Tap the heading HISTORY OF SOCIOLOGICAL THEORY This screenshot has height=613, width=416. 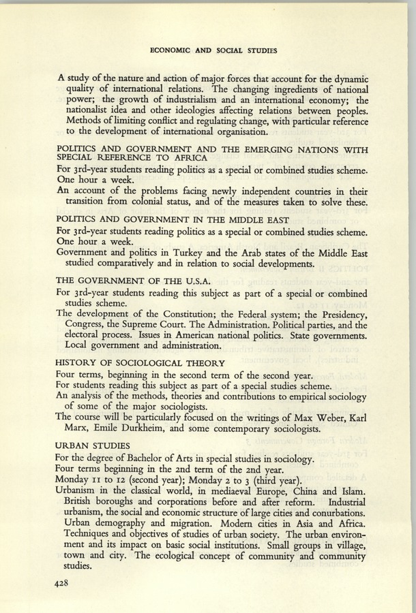click(140, 362)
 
